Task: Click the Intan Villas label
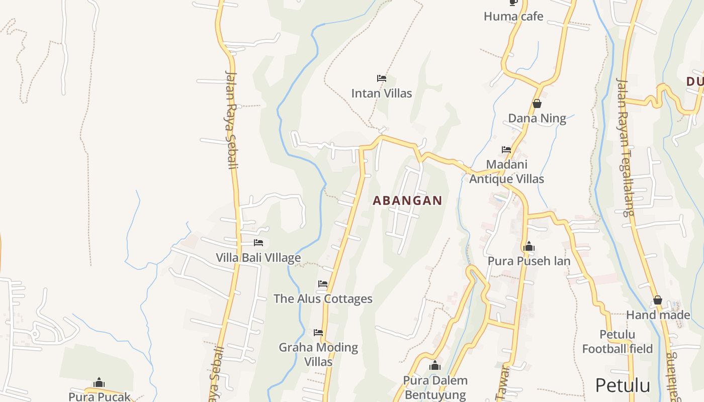pyautogui.click(x=381, y=93)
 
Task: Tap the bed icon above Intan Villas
pyautogui.click(x=382, y=78)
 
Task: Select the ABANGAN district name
pyautogui.click(x=407, y=200)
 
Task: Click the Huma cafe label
pyautogui.click(x=513, y=17)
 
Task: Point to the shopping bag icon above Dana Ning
pyautogui.click(x=537, y=104)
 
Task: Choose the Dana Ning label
pyautogui.click(x=537, y=119)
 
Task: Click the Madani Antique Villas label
pyautogui.click(x=506, y=171)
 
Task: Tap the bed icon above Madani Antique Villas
pyautogui.click(x=506, y=150)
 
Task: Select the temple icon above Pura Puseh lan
pyautogui.click(x=529, y=247)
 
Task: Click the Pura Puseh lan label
pyautogui.click(x=529, y=261)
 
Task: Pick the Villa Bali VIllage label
pyautogui.click(x=258, y=258)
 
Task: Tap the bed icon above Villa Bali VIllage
pyautogui.click(x=258, y=243)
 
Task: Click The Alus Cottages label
pyautogui.click(x=323, y=299)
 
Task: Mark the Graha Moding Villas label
pyautogui.click(x=318, y=354)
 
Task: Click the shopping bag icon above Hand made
pyautogui.click(x=658, y=300)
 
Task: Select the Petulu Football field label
pyautogui.click(x=618, y=342)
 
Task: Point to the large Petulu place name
pyautogui.click(x=623, y=385)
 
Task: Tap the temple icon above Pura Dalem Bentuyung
pyautogui.click(x=435, y=365)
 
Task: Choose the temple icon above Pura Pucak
pyautogui.click(x=99, y=383)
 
